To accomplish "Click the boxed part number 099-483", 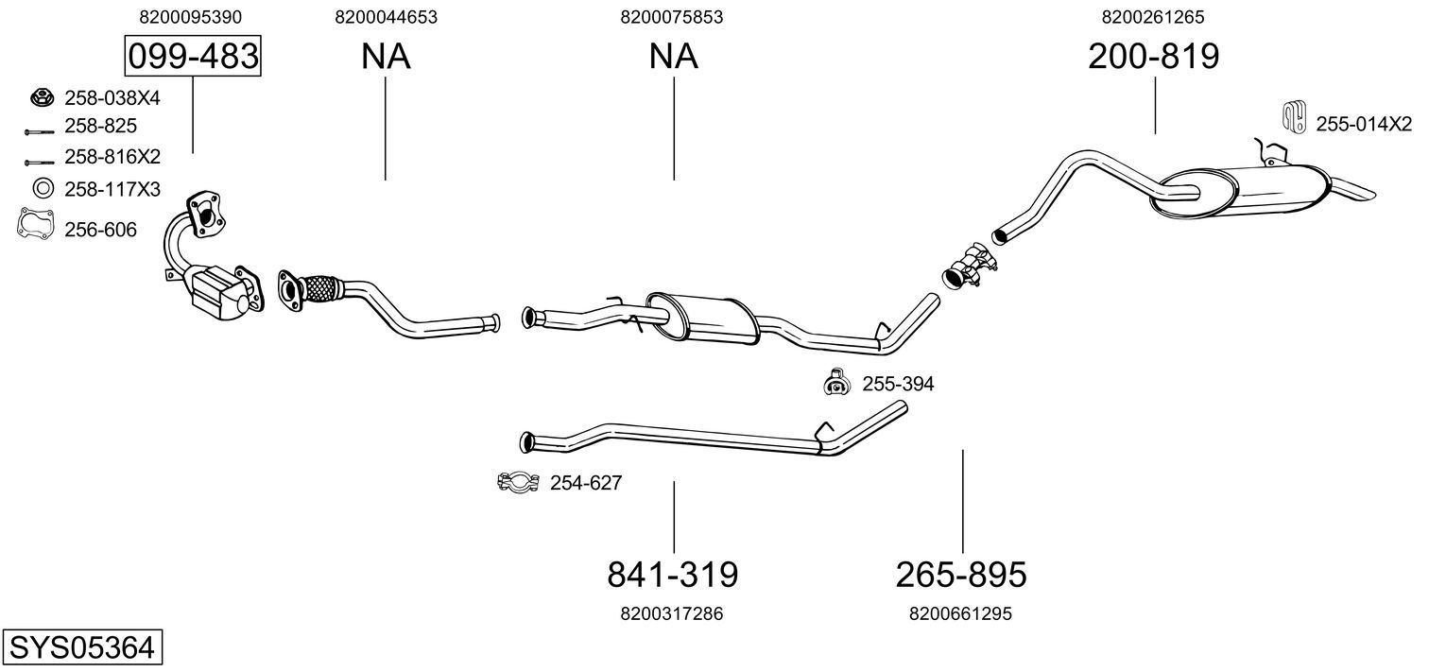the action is tap(193, 57).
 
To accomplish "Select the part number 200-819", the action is tap(1153, 57).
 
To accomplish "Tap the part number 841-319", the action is tap(672, 574).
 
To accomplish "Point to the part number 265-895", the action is tap(960, 574).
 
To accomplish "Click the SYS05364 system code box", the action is tap(81, 648).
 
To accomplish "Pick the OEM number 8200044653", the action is tap(386, 17).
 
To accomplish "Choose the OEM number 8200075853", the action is tap(672, 17).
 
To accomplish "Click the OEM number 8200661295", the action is tap(960, 613).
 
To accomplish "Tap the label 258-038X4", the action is tap(112, 97).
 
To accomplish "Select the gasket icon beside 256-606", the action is tap(34, 225).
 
